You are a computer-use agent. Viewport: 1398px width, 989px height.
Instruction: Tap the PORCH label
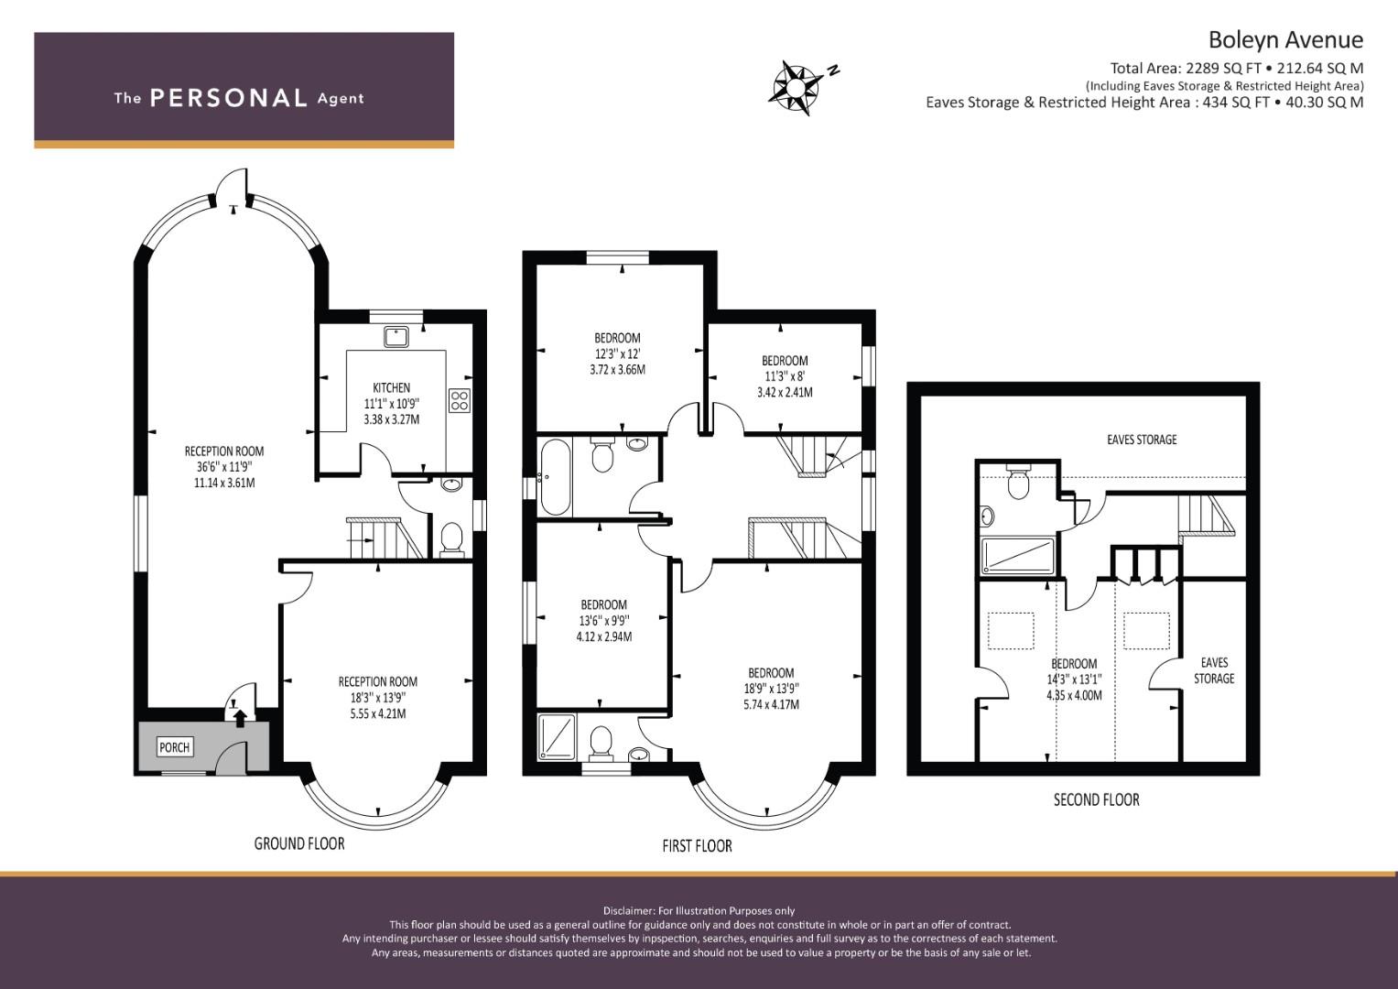(x=174, y=747)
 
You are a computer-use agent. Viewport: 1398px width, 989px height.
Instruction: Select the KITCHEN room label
(x=391, y=387)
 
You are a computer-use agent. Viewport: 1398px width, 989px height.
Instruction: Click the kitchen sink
(x=396, y=337)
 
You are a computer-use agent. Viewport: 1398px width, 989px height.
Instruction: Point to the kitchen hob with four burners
(x=460, y=400)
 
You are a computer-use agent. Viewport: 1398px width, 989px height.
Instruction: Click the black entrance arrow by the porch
(x=240, y=717)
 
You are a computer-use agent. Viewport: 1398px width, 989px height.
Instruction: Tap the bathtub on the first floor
(x=555, y=477)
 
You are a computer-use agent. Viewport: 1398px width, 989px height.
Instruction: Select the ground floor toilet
(x=451, y=538)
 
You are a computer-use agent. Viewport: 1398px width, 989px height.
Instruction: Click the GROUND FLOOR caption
(x=299, y=843)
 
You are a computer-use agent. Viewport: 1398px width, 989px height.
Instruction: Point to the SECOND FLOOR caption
(x=1096, y=799)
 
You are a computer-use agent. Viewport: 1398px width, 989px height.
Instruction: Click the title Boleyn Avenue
(x=1285, y=39)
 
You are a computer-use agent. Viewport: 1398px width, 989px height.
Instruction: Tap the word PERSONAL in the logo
(x=229, y=97)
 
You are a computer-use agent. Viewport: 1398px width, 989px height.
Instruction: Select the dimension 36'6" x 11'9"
(x=224, y=466)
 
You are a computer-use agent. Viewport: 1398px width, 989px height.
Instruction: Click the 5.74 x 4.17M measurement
(x=771, y=704)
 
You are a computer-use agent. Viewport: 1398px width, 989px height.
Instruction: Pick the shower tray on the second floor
(x=1018, y=555)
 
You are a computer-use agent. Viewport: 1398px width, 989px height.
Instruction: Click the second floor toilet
(x=1017, y=482)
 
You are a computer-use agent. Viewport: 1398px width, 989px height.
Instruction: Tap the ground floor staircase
(x=386, y=538)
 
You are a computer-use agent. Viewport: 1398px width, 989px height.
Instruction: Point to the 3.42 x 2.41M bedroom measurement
(x=785, y=393)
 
